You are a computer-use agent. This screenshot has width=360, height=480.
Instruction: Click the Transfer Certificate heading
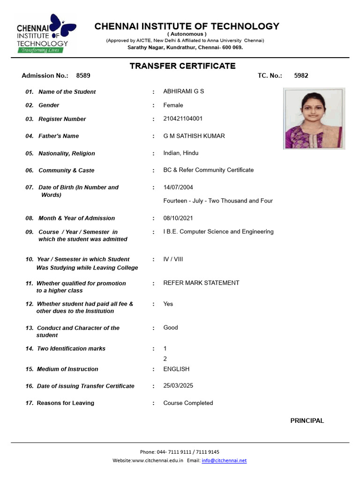(x=182, y=66)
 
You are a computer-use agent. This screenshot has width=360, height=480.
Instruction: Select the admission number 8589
(x=83, y=75)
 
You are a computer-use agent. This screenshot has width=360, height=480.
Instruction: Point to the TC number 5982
(x=301, y=75)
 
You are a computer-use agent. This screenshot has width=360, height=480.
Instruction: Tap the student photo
(x=314, y=118)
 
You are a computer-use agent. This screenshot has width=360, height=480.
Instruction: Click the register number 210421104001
(x=183, y=119)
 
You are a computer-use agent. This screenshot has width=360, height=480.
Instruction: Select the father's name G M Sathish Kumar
(x=194, y=136)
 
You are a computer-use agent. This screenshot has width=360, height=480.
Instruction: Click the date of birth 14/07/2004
(x=178, y=187)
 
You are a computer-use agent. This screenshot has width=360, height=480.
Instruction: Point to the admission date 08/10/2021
(x=178, y=218)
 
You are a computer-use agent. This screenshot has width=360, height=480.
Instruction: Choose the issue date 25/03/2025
(x=178, y=386)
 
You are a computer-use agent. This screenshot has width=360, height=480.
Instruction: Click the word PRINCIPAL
(x=307, y=420)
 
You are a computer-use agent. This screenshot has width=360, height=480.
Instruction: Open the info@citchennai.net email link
(x=224, y=460)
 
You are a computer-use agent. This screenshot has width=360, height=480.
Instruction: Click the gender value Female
(x=173, y=105)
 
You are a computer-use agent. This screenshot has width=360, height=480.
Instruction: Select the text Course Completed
(x=188, y=403)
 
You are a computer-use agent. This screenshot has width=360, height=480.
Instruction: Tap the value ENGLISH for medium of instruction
(x=176, y=369)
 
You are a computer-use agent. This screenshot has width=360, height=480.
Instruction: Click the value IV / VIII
(x=173, y=259)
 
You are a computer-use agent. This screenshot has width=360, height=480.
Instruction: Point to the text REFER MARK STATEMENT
(x=201, y=283)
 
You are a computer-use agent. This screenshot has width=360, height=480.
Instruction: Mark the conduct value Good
(x=171, y=328)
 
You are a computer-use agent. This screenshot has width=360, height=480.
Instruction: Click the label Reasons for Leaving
(x=65, y=403)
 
